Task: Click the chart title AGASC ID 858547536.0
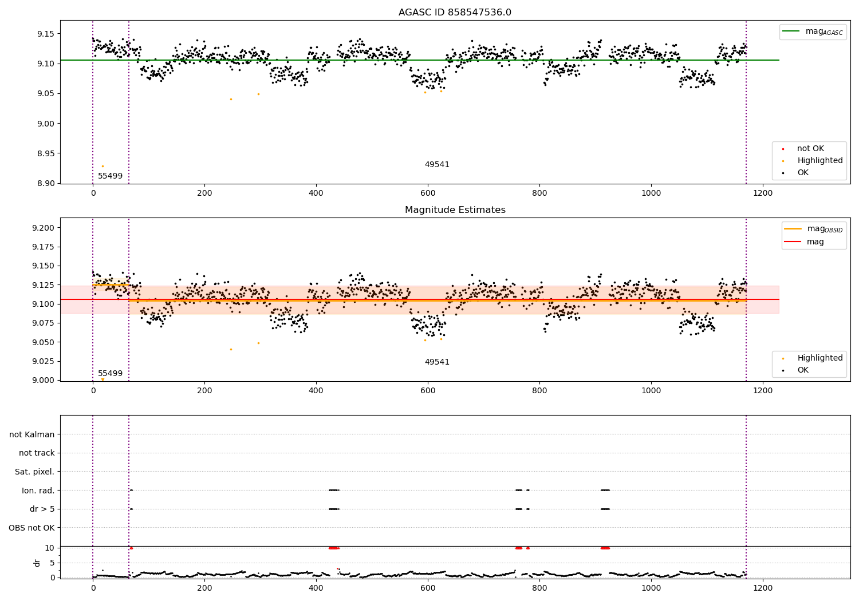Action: click(x=455, y=13)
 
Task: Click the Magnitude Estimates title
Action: click(x=455, y=210)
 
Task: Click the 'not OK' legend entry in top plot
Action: click(x=810, y=149)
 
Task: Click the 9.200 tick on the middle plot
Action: click(x=44, y=228)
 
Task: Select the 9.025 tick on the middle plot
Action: click(x=44, y=361)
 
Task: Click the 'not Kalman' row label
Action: click(x=32, y=434)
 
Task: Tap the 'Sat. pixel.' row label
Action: click(x=34, y=472)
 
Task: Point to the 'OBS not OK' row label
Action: click(x=31, y=528)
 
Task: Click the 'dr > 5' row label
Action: click(x=42, y=509)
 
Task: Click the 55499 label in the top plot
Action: click(x=110, y=176)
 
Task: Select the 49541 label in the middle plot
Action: click(x=437, y=362)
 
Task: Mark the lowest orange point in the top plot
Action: click(x=103, y=166)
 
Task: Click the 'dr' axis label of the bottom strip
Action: click(x=37, y=563)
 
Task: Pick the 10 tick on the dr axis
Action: click(x=50, y=548)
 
